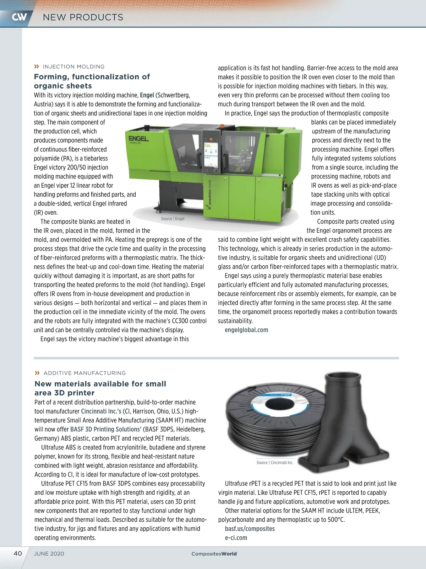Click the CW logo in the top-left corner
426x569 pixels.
tap(19, 17)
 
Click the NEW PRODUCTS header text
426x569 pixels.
tap(83, 17)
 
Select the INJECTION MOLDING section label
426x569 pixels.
tap(73, 67)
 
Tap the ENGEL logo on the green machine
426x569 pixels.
tap(138, 138)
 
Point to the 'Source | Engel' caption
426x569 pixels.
tap(173, 219)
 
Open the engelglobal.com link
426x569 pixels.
tap(246, 330)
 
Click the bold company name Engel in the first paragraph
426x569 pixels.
tap(147, 95)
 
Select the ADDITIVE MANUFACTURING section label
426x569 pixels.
tap(84, 373)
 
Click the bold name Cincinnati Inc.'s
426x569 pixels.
tap(101, 411)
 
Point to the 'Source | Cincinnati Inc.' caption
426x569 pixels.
tap(275, 463)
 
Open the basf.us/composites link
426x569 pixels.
tap(250, 529)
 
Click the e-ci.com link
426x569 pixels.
tap(236, 538)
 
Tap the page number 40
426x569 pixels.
tap(18, 553)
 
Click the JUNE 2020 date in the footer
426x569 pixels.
tap(49, 554)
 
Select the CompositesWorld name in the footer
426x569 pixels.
tap(214, 554)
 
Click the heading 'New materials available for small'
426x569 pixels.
tap(100, 384)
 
